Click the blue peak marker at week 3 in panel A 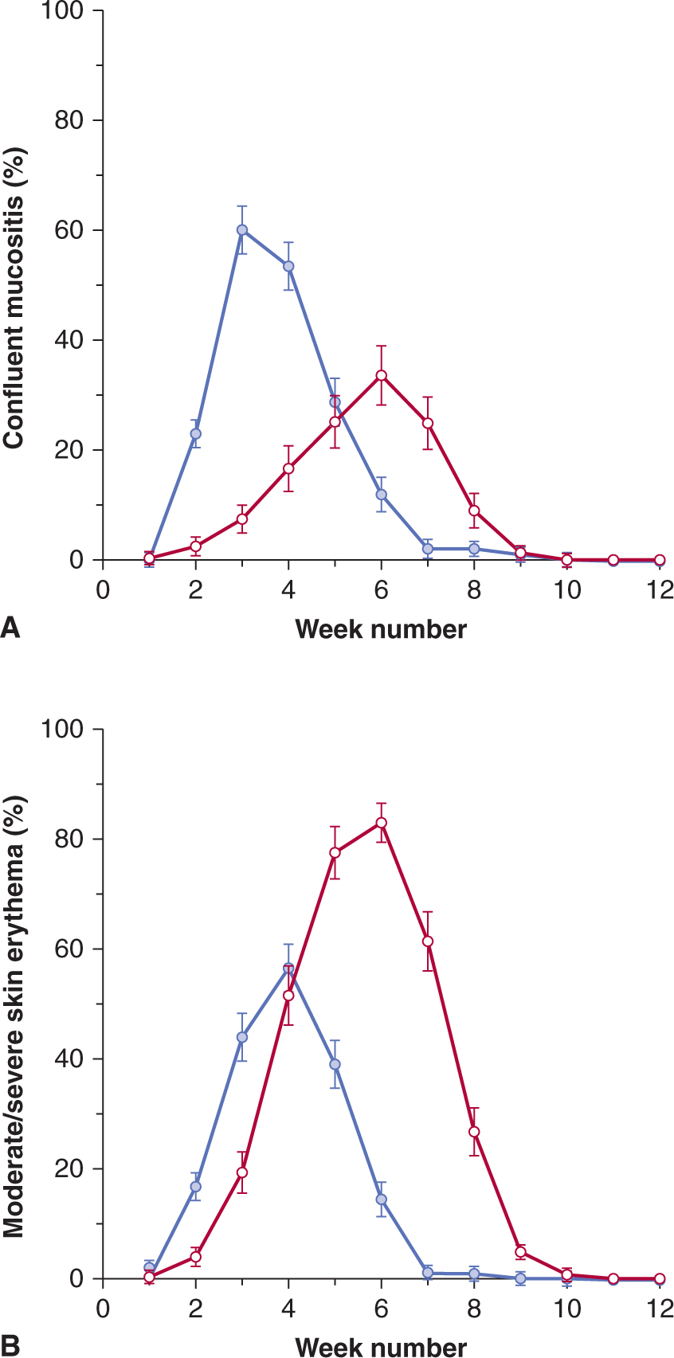pyautogui.click(x=241, y=230)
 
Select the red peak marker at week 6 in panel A pyautogui.click(x=382, y=375)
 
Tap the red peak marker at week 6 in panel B pyautogui.click(x=382, y=823)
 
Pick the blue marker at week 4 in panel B pyautogui.click(x=288, y=969)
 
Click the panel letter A pyautogui.click(x=10, y=628)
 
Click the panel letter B pyautogui.click(x=10, y=1345)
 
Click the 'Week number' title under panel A pyautogui.click(x=381, y=629)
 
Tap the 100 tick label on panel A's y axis pyautogui.click(x=65, y=11)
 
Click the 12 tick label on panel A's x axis pyautogui.click(x=660, y=590)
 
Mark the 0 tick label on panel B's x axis pyautogui.click(x=102, y=1309)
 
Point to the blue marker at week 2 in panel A pyautogui.click(x=195, y=434)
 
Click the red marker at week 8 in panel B pyautogui.click(x=474, y=1132)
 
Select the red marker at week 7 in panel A pyautogui.click(x=428, y=423)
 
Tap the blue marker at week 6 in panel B pyautogui.click(x=382, y=1200)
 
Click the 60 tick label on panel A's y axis pyautogui.click(x=69, y=231)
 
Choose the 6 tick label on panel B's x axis pyautogui.click(x=382, y=1309)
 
